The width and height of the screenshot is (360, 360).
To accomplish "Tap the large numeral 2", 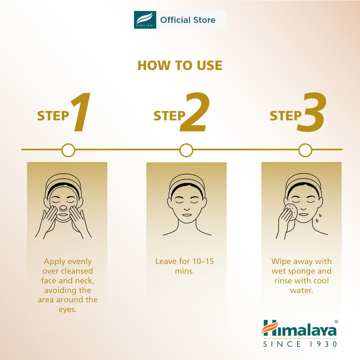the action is (195, 112).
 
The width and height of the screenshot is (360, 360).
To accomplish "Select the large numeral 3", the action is (312, 112).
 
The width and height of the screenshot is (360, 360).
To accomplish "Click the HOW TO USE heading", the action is (180, 65).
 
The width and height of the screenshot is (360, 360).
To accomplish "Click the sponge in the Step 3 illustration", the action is (291, 212).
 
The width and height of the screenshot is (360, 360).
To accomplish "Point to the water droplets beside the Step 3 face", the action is (319, 218).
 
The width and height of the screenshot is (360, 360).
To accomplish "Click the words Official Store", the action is (188, 20).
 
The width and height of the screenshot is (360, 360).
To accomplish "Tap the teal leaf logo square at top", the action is (145, 20).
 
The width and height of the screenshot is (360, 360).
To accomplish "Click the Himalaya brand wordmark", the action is (299, 328).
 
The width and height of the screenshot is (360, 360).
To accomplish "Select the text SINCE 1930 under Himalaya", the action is (300, 344).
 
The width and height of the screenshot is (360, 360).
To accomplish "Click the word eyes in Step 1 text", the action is (67, 310).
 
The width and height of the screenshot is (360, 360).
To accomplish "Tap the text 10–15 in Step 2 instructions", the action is (203, 261).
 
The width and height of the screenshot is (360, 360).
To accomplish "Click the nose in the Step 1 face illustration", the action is (63, 208).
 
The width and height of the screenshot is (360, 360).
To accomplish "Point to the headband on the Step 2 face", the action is (187, 181).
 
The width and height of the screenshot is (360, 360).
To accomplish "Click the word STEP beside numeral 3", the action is (285, 116).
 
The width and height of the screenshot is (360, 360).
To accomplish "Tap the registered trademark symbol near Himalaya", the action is (336, 321).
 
